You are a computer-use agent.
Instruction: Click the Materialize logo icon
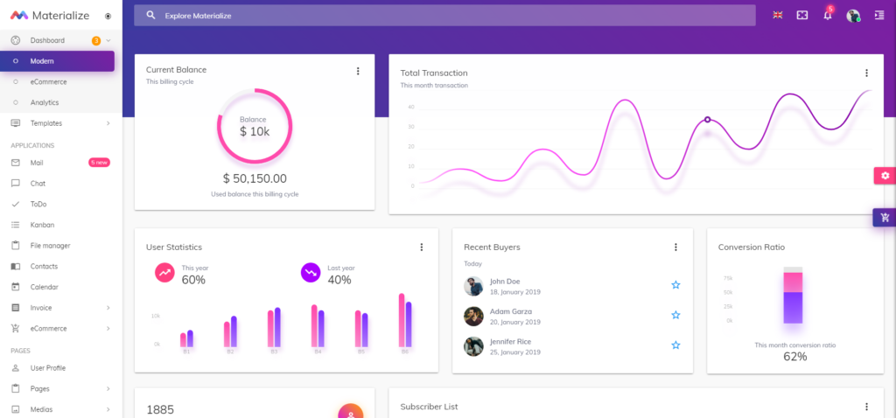click(x=19, y=15)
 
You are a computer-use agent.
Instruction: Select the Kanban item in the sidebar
click(x=42, y=225)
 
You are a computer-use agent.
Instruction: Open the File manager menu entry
click(x=50, y=246)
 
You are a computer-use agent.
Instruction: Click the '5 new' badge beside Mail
click(x=99, y=163)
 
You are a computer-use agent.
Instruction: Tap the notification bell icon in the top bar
click(x=827, y=16)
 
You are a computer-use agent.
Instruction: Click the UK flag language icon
click(x=777, y=15)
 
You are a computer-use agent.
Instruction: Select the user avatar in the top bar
click(x=853, y=16)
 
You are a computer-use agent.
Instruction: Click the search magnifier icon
click(x=151, y=15)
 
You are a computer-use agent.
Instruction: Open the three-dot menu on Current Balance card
click(x=358, y=71)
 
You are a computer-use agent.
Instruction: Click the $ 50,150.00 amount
click(x=255, y=178)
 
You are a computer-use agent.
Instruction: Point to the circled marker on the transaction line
click(x=707, y=120)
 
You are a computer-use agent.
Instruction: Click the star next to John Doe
click(x=675, y=285)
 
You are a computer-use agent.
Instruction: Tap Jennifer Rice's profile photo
click(x=473, y=345)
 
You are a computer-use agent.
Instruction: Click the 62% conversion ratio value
click(x=794, y=357)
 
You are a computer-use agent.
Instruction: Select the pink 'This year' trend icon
click(x=164, y=273)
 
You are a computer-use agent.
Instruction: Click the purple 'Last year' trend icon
click(x=311, y=273)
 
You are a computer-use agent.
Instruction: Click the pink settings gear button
click(x=885, y=176)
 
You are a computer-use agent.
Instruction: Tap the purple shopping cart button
click(x=885, y=218)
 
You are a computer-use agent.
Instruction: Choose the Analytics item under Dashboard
click(x=45, y=102)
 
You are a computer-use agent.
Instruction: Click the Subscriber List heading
click(x=429, y=407)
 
